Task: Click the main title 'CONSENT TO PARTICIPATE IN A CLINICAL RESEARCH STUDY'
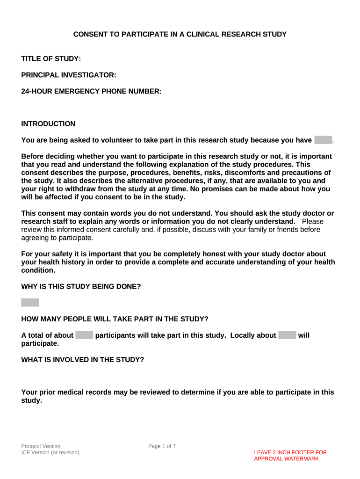click(x=180, y=34)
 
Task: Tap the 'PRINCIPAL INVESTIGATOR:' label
click(x=69, y=75)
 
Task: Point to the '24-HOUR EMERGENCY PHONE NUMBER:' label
click(x=91, y=92)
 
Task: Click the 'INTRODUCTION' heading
click(x=48, y=124)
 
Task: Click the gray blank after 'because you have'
click(x=323, y=140)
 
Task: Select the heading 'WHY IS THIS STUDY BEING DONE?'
click(x=81, y=286)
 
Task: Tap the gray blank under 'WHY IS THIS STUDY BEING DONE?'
click(x=30, y=303)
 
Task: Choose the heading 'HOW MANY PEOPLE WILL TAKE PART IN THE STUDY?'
click(x=115, y=319)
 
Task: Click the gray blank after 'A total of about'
click(x=85, y=335)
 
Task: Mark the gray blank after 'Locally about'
click(x=287, y=335)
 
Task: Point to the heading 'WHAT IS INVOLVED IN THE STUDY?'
click(x=83, y=360)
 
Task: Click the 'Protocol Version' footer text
click(x=41, y=446)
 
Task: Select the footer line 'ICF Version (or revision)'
click(x=50, y=453)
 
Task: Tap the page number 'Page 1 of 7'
click(x=162, y=446)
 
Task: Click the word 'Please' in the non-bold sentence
click(x=313, y=221)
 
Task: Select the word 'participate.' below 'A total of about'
click(x=40, y=343)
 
